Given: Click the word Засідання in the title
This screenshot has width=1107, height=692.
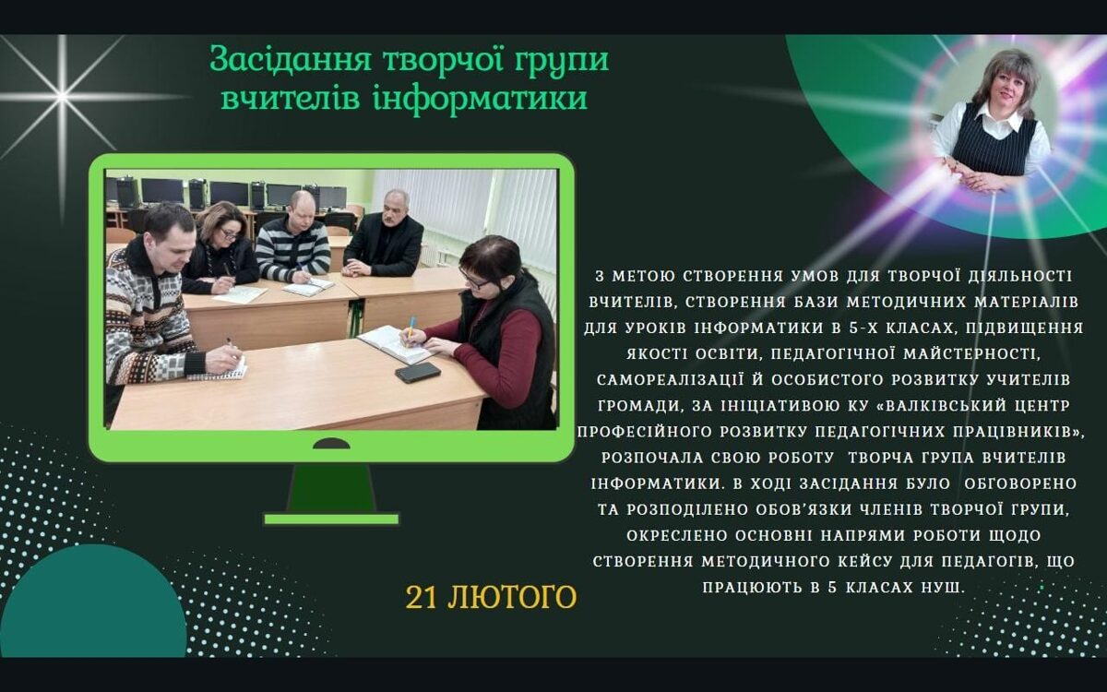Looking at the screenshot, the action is (291, 60).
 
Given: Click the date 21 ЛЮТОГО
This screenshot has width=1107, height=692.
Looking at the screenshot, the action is (491, 597).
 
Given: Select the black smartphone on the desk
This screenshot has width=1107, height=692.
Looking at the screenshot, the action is (418, 372).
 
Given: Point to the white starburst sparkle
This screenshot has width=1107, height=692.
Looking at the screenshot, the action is (62, 98).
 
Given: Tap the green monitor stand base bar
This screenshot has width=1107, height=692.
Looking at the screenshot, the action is (331, 519).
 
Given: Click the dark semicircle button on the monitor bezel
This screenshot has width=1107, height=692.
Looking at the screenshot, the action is (331, 444).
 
